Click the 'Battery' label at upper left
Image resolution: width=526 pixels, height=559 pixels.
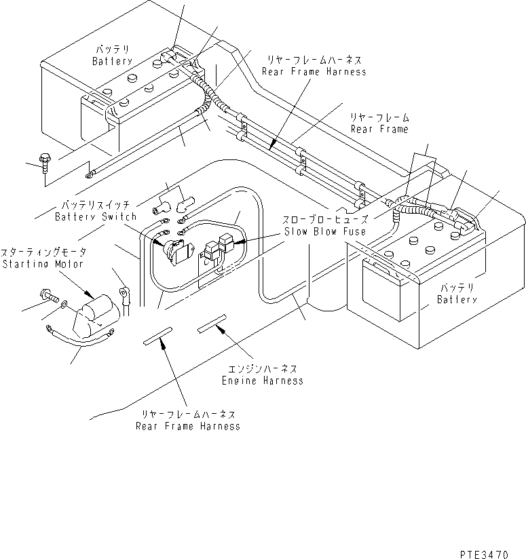(112, 61)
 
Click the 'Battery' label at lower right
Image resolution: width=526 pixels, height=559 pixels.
(457, 299)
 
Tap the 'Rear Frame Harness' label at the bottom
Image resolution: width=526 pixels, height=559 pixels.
(187, 426)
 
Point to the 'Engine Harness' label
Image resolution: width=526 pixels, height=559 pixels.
(262, 381)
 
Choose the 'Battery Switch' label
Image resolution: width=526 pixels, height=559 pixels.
(95, 216)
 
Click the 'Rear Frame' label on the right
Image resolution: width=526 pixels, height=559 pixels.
(379, 128)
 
